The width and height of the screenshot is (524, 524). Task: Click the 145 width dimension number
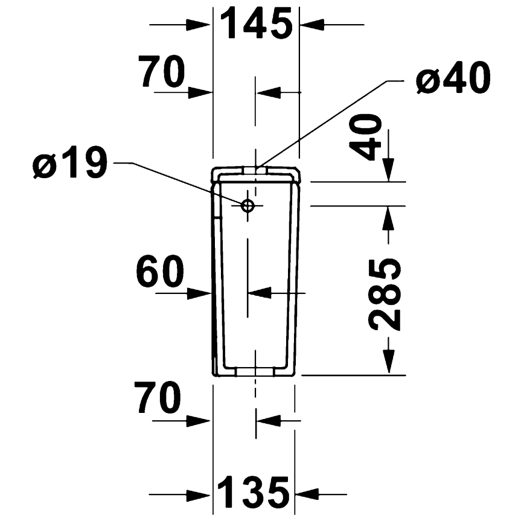pyautogui.click(x=256, y=24)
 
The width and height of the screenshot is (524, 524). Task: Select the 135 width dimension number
pyautogui.click(x=254, y=493)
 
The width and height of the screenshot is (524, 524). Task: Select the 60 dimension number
pyautogui.click(x=159, y=272)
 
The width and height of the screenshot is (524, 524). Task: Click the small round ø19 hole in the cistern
pyautogui.click(x=248, y=205)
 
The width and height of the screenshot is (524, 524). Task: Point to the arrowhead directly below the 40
pyautogui.click(x=388, y=168)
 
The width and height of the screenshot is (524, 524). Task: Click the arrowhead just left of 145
pyautogui.click(x=199, y=25)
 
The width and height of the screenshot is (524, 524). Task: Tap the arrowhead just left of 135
pyautogui.click(x=199, y=494)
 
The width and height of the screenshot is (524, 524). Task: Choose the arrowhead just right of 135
pyautogui.click(x=308, y=494)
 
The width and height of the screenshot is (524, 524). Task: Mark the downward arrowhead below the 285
pyautogui.click(x=388, y=362)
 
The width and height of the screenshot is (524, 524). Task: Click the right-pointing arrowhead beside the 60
pyautogui.click(x=199, y=293)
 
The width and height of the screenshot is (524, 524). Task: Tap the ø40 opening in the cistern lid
pyautogui.click(x=256, y=170)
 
